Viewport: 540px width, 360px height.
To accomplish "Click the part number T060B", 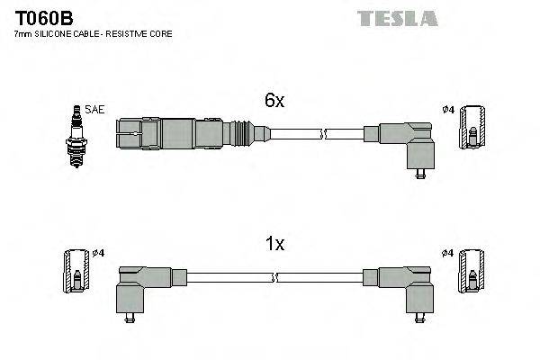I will [41, 17].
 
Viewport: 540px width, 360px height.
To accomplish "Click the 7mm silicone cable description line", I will [93, 33].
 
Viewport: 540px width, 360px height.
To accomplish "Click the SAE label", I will [96, 109].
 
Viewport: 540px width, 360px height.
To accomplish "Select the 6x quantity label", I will [274, 102].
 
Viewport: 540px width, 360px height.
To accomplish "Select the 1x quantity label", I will [274, 243].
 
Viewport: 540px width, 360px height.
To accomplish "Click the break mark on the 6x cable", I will [323, 135].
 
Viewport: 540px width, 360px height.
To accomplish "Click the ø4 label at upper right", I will [449, 111].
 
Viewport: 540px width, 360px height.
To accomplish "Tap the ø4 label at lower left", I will [99, 253].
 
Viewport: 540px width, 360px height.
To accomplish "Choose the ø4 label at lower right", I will [449, 253].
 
